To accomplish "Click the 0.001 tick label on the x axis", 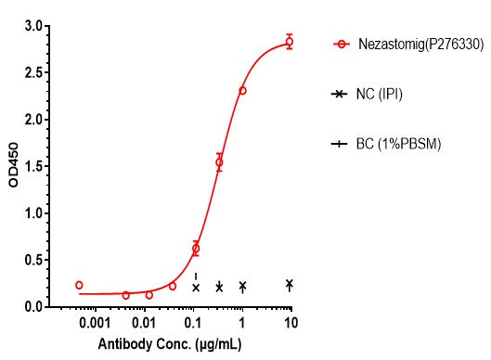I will point(94,323).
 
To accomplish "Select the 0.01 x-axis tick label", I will point(143,323).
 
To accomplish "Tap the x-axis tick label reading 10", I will point(291,323).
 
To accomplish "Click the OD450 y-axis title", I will point(13,167).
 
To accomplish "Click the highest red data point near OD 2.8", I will point(290,42).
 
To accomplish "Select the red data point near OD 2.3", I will point(242,91).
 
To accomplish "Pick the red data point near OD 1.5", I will point(219,162).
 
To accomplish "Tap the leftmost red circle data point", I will point(79,285).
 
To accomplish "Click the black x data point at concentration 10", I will point(290,284).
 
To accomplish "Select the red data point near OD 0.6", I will point(195,249).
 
